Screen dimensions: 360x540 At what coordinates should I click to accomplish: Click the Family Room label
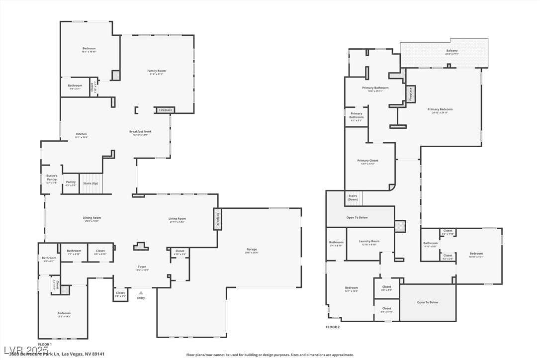(x=156, y=71)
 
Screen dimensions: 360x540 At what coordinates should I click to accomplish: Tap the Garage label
(x=252, y=250)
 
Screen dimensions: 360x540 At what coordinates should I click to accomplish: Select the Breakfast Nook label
(x=140, y=132)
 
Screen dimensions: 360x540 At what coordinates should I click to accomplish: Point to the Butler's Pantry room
(x=52, y=179)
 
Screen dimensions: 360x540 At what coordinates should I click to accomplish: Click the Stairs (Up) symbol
(x=91, y=183)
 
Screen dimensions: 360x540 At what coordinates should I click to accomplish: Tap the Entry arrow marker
(x=141, y=293)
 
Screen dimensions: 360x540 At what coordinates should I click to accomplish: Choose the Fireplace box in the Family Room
(x=166, y=110)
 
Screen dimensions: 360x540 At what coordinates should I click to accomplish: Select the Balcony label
(x=451, y=51)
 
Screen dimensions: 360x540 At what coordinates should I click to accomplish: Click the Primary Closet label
(x=368, y=161)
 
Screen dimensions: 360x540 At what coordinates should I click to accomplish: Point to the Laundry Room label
(x=369, y=242)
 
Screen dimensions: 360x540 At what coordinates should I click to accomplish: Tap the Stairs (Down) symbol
(x=353, y=197)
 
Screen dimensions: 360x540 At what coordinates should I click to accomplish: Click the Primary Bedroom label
(x=440, y=109)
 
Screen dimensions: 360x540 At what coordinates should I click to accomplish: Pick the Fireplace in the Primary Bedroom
(x=411, y=94)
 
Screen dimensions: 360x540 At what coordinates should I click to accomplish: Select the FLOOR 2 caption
(x=333, y=327)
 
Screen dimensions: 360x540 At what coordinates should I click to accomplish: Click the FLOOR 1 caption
(x=45, y=344)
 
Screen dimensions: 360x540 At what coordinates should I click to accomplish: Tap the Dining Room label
(x=91, y=218)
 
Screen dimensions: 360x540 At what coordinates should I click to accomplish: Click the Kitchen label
(x=81, y=134)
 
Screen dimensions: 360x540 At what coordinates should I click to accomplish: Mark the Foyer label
(x=142, y=267)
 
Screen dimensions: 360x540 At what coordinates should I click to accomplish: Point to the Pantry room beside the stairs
(x=71, y=183)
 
